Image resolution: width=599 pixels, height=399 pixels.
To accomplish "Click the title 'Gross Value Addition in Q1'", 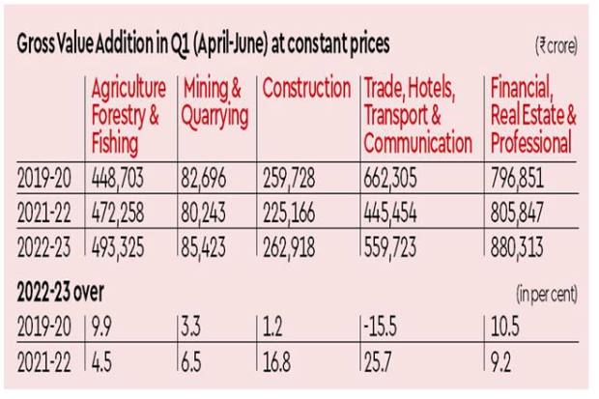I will click(204, 45).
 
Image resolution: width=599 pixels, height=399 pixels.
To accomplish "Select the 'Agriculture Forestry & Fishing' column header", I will click(128, 116).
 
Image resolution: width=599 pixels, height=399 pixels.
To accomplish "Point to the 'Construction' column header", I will click(306, 89).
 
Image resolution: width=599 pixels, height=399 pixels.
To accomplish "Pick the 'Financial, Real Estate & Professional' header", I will click(533, 116).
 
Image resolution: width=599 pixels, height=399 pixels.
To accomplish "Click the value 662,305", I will click(395, 179).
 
